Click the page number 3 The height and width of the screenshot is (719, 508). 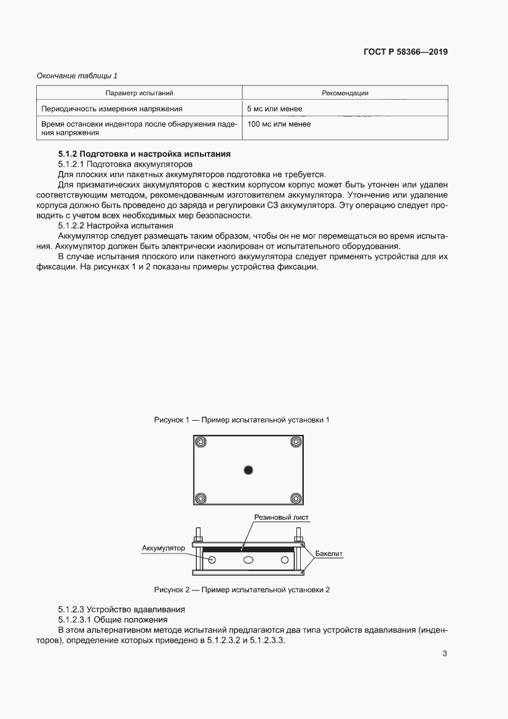(x=445, y=654)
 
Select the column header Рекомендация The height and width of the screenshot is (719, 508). (x=344, y=93)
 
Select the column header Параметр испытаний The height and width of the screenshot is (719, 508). (x=139, y=93)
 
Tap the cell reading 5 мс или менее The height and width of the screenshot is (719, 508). (x=274, y=109)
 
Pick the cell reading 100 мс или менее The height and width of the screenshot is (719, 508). (x=279, y=124)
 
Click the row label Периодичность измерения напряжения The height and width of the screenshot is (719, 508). (x=111, y=109)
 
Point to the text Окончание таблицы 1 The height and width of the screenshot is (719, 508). (x=77, y=76)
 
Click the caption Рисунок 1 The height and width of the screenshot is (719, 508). (x=242, y=420)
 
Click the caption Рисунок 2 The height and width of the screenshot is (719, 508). (x=242, y=590)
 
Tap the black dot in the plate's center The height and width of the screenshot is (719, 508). (x=248, y=471)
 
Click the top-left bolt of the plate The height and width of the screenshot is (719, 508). (x=200, y=442)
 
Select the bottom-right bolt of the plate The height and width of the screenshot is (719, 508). (x=295, y=498)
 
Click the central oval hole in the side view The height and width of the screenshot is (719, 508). (x=248, y=560)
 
